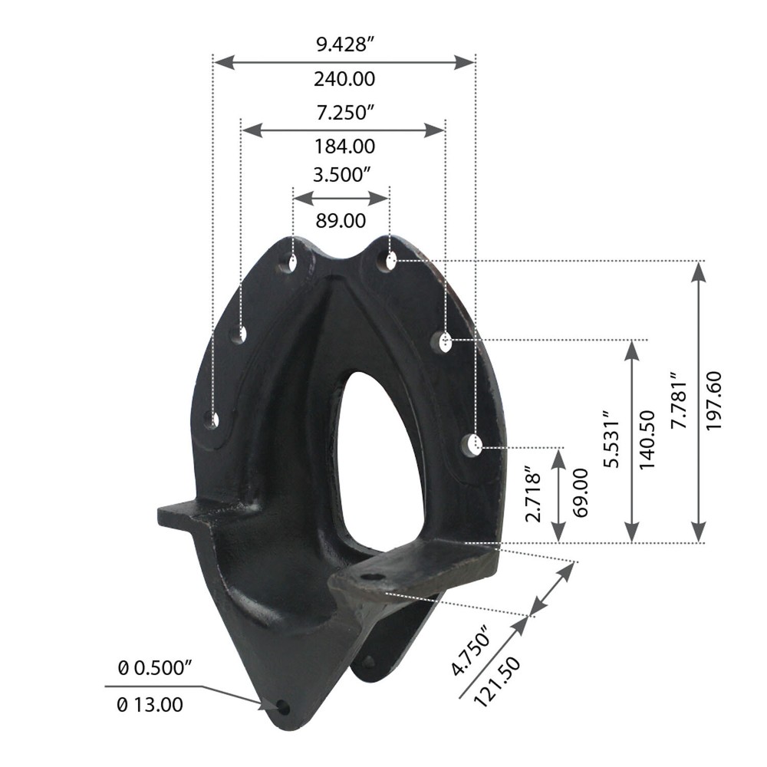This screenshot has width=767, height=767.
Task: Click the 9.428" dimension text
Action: (x=344, y=44)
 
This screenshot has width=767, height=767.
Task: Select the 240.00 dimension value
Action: (x=344, y=78)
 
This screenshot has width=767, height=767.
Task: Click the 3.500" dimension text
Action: (x=341, y=175)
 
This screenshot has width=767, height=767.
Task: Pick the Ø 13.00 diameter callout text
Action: (x=150, y=704)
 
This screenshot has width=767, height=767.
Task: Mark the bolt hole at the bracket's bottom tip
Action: (x=283, y=706)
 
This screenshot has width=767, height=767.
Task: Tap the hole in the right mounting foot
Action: (x=374, y=577)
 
